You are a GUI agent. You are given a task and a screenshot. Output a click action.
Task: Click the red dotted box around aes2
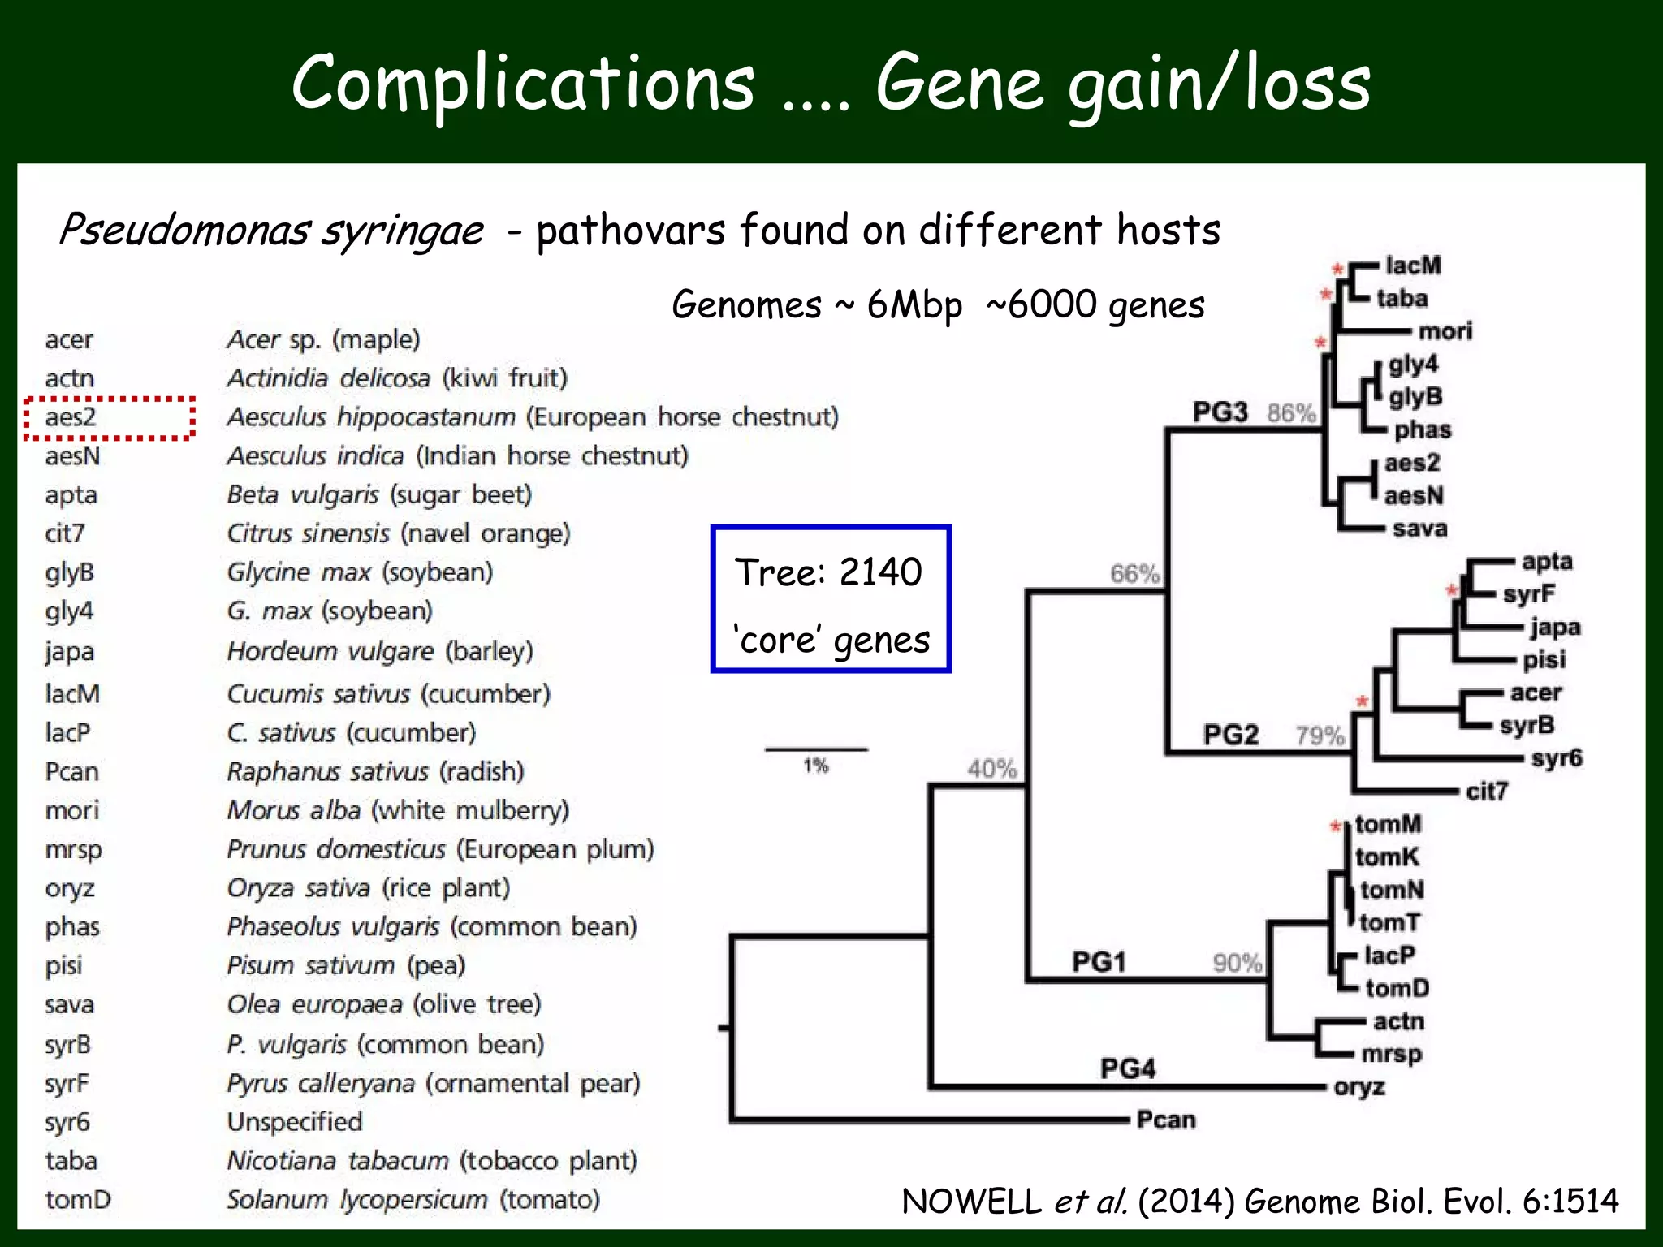(109, 418)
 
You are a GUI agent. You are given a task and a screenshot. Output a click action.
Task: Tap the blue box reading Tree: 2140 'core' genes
(831, 599)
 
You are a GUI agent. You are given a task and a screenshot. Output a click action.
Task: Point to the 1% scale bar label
(815, 766)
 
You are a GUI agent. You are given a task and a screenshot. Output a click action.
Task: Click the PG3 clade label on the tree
(1220, 412)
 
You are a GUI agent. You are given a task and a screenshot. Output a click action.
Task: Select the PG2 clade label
(1230, 735)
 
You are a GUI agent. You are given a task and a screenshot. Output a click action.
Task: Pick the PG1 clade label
(1099, 962)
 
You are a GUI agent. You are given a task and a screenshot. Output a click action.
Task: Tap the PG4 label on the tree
(1128, 1068)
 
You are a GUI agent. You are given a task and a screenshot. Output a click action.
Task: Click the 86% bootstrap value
(1291, 413)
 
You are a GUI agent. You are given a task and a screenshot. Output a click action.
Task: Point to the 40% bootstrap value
(992, 768)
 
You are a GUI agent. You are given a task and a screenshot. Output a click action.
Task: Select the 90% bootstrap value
(1238, 963)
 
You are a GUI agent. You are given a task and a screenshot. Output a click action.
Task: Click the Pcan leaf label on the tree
(1166, 1120)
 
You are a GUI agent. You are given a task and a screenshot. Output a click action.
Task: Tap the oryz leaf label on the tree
(1358, 1087)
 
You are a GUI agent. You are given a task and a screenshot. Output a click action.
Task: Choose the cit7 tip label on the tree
(1486, 791)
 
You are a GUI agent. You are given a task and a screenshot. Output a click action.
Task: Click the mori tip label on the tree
(1445, 331)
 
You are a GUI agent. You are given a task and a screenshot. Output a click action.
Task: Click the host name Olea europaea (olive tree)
(383, 1004)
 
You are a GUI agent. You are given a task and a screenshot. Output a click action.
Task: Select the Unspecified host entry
(295, 1122)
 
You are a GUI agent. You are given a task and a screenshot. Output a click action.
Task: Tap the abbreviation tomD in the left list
(78, 1199)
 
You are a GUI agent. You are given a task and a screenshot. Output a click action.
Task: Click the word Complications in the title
(523, 83)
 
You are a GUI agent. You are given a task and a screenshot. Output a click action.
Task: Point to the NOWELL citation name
(971, 1202)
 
